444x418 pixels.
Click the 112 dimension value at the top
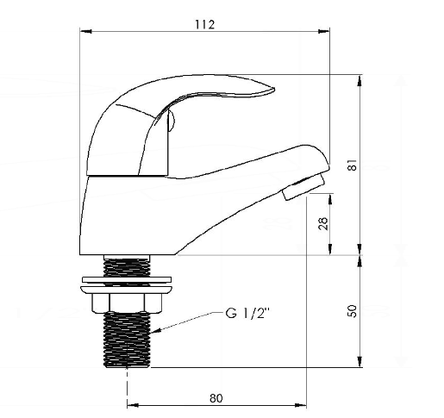tap(205, 24)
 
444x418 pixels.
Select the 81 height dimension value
tap(353, 165)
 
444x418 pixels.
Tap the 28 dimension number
tap(323, 223)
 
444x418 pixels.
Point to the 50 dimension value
tap(353, 311)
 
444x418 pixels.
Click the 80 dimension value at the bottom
tap(216, 398)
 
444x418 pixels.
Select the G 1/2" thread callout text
tap(247, 313)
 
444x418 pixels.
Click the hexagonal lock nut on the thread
tap(127, 303)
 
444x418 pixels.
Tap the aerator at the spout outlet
tap(303, 187)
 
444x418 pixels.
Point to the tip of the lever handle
tap(274, 90)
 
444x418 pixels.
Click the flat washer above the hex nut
tap(127, 279)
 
